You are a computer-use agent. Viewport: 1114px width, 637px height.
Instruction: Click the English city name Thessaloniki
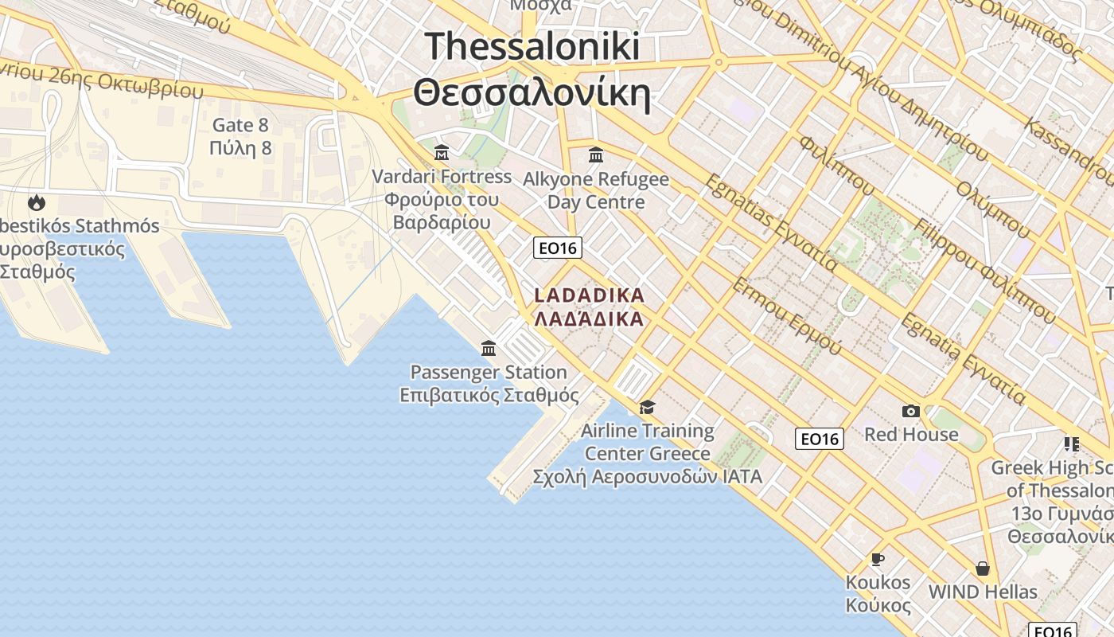(532, 46)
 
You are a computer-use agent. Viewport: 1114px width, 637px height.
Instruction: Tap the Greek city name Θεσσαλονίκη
(532, 93)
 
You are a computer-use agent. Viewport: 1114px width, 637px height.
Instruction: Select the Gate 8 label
(240, 125)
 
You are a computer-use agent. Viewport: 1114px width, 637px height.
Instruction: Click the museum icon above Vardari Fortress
(442, 152)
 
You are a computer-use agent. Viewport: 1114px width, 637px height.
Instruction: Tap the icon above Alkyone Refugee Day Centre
(595, 154)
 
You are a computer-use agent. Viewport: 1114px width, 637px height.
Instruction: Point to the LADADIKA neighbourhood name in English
(589, 295)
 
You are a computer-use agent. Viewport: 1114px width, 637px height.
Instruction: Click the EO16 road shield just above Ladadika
(557, 248)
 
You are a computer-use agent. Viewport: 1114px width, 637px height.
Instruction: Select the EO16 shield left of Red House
(820, 439)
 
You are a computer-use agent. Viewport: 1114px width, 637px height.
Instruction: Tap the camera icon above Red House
(911, 411)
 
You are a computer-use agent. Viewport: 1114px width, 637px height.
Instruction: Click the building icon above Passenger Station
(489, 348)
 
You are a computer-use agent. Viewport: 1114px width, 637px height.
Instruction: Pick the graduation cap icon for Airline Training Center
(647, 408)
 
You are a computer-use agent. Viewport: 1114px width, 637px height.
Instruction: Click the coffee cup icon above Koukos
(878, 559)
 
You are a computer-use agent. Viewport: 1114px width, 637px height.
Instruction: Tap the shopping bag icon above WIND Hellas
(983, 569)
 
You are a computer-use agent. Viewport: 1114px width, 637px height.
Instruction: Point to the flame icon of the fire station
(36, 202)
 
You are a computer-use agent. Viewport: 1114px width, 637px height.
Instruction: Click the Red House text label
(911, 435)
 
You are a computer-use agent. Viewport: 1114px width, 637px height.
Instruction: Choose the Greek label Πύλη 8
(240, 148)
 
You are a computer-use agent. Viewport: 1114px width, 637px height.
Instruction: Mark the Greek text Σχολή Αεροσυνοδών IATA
(647, 477)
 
